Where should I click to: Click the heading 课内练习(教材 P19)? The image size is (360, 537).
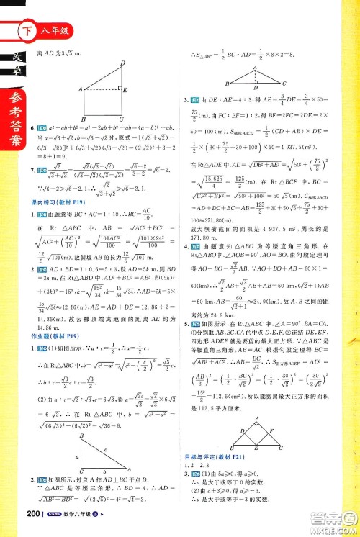(55, 204)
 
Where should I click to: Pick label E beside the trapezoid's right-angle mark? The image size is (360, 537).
(127, 90)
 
